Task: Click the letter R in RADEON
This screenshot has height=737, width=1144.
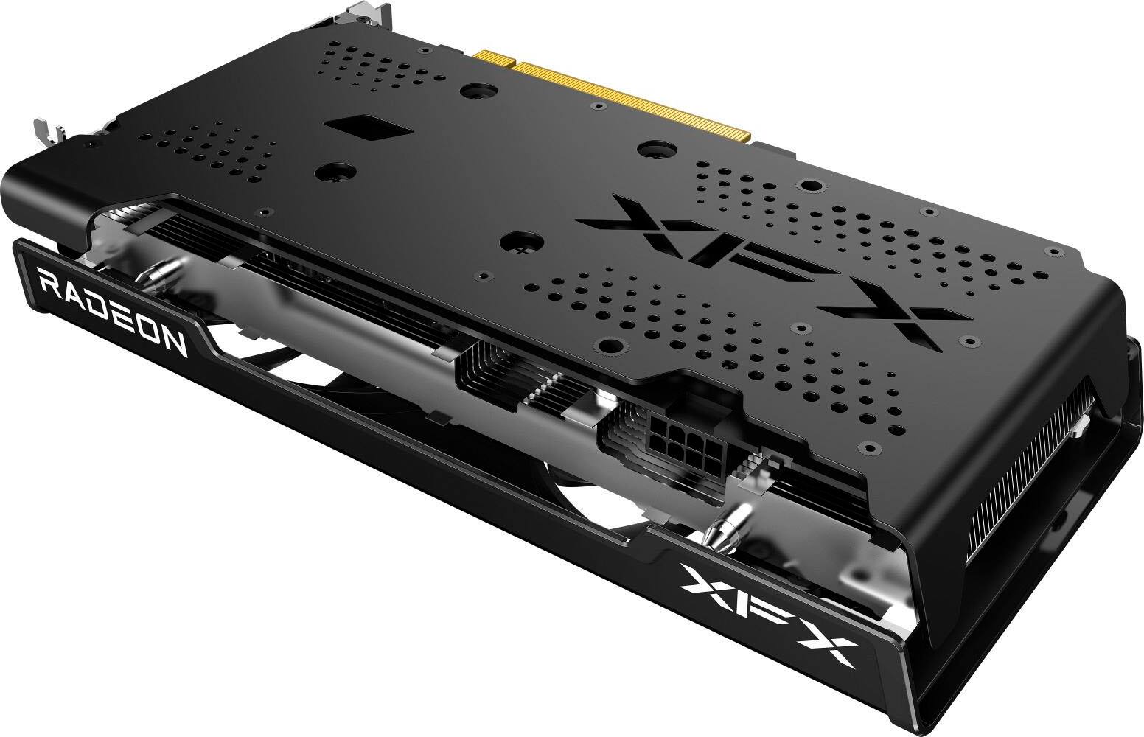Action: coord(48,282)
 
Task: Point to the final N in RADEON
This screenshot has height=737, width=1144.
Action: coord(174,340)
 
